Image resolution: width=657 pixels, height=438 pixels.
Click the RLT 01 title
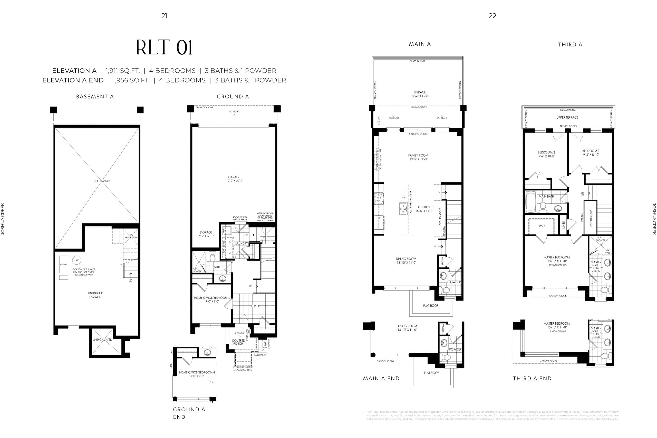click(164, 47)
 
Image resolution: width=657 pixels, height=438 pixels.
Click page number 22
click(492, 16)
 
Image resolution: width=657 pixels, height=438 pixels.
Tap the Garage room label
click(234, 179)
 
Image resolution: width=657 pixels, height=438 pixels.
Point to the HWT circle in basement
click(76, 260)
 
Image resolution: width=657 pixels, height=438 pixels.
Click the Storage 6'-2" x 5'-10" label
click(206, 234)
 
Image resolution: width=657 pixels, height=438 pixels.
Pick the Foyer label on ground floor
click(255, 306)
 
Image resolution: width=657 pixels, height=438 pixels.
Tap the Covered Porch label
click(238, 342)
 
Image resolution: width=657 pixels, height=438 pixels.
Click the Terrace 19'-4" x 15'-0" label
click(420, 94)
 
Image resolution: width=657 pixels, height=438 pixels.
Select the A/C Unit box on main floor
click(378, 120)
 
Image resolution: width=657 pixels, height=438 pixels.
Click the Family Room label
click(418, 157)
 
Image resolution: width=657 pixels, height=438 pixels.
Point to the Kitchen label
click(424, 209)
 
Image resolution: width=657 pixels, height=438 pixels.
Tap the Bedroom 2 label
click(546, 154)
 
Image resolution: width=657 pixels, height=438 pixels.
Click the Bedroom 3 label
click(591, 152)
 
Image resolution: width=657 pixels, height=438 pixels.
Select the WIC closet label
click(542, 226)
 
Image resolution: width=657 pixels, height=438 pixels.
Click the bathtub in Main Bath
click(531, 202)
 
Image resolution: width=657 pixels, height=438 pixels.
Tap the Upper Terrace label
click(567, 117)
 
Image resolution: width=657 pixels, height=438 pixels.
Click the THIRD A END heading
click(532, 378)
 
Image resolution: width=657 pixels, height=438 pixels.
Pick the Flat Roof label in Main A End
click(431, 373)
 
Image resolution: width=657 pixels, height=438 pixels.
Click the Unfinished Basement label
click(95, 295)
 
